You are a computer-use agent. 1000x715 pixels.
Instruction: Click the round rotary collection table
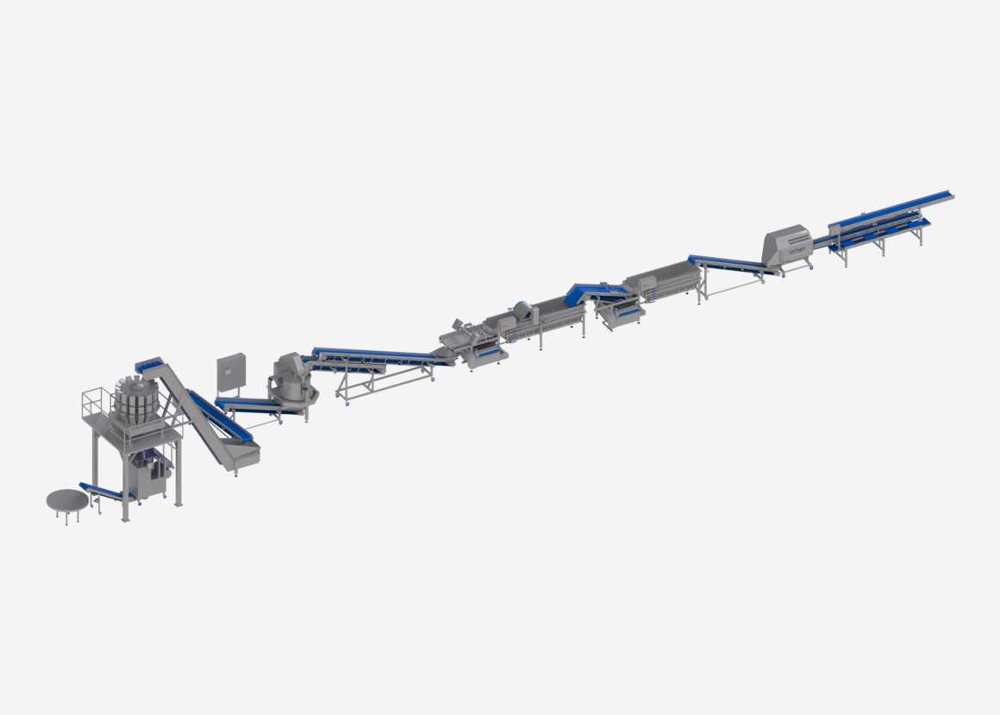click(x=67, y=500)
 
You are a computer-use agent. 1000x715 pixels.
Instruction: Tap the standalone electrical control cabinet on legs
click(x=230, y=373)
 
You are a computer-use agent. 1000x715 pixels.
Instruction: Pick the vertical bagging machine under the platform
click(x=151, y=477)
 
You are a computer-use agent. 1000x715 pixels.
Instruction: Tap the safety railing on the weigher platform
click(x=97, y=403)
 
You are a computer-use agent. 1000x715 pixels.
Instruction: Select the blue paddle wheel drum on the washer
click(x=522, y=312)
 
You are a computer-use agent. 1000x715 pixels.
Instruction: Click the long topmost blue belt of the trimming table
click(x=897, y=208)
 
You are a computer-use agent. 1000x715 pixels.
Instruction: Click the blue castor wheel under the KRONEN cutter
click(x=781, y=274)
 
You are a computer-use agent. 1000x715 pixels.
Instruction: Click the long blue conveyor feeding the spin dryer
click(x=379, y=355)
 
